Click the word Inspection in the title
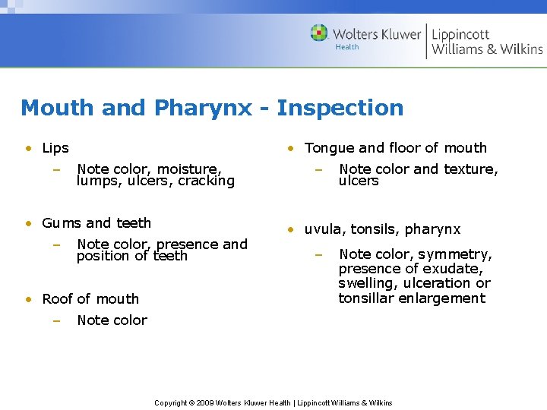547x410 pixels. (340, 108)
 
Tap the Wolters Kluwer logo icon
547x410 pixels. (319, 33)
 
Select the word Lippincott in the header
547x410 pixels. (461, 34)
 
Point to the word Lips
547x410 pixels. (55, 148)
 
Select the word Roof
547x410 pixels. (58, 299)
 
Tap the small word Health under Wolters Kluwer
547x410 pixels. (347, 47)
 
